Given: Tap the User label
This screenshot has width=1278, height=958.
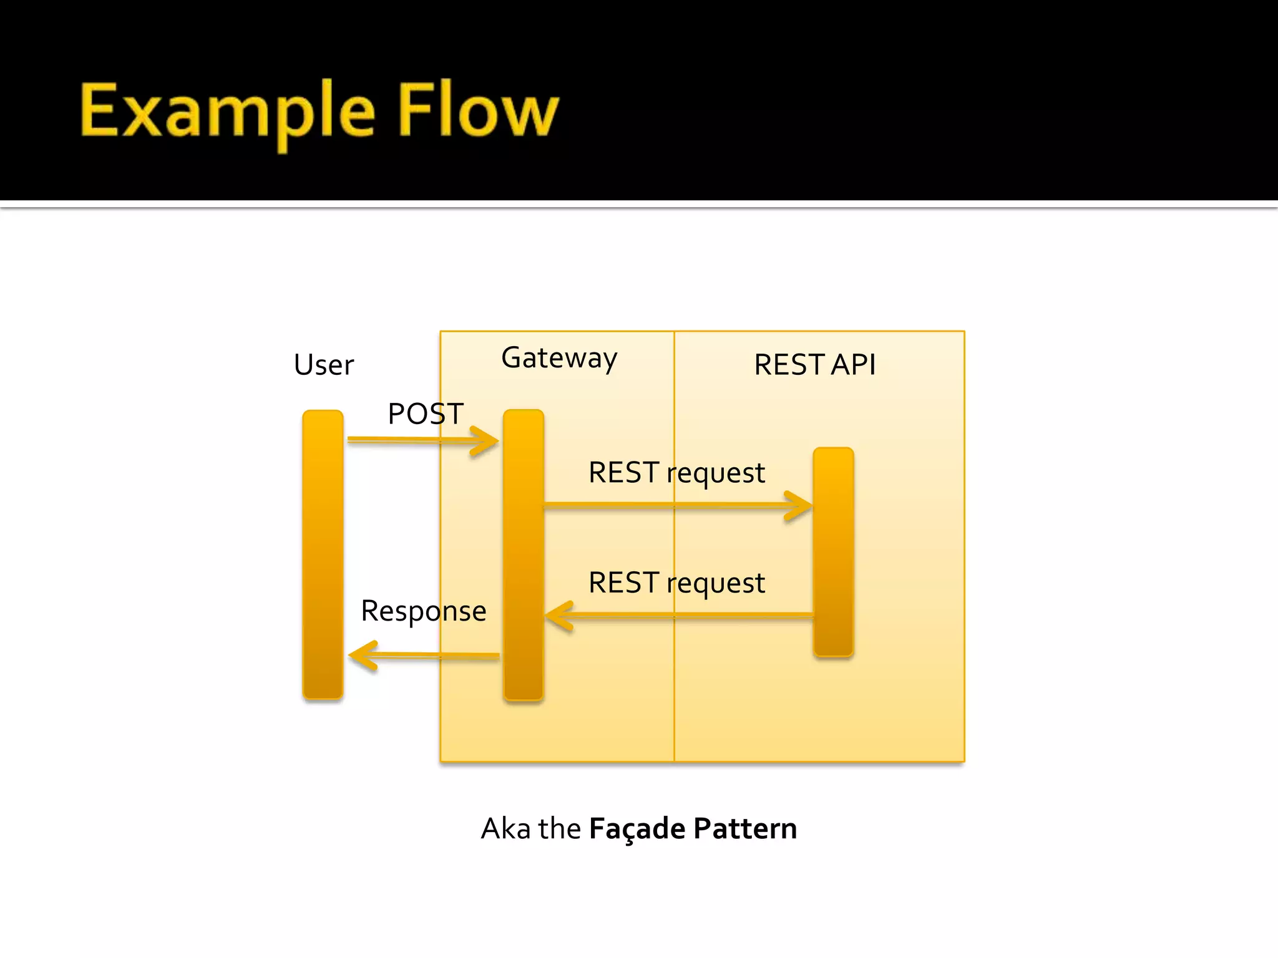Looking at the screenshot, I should pos(323,365).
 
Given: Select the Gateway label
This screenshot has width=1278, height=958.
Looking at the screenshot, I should pos(559,359).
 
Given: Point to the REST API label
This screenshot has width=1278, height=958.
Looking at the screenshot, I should pos(814,365).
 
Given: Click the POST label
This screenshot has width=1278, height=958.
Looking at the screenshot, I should pos(426,414).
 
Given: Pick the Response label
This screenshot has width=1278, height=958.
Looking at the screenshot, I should pos(423,611).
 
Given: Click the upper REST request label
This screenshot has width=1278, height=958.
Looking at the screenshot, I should pos(676,473).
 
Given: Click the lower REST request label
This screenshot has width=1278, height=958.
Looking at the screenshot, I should pos(676,583).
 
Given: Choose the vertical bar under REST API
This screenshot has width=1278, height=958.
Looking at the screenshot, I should pos(833,552).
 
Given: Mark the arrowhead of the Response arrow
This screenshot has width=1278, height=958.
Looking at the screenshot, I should pos(361,656).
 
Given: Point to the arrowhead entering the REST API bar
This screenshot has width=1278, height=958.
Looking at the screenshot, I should pos(801,505).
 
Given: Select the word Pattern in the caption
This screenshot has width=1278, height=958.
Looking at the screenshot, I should pos(745,829).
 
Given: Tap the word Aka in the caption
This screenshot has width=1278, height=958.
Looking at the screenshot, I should pos(505,829).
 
